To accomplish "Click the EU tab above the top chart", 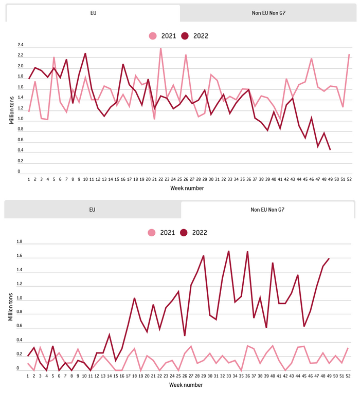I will coord(93,13).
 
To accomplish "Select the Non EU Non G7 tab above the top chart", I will coord(267,13).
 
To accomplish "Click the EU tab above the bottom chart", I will coord(93,210).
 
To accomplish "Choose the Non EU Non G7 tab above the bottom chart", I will coord(267,210).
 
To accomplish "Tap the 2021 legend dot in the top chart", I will coord(153,36).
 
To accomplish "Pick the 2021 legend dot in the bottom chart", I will coord(153,233).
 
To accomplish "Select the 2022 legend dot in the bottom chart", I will coord(185,233).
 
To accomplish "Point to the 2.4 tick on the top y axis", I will coord(21,45).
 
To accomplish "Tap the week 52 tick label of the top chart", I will coord(349,179).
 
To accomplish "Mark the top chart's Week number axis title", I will coord(187,188).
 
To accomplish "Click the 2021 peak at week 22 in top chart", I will coord(161,48).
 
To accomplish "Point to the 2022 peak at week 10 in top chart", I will coord(85,53).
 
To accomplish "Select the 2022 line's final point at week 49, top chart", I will coord(330,149).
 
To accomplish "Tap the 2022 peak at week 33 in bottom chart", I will coord(229,251).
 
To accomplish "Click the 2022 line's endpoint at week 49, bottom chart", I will coord(329,258).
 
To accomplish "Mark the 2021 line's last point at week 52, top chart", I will coord(349,54).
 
